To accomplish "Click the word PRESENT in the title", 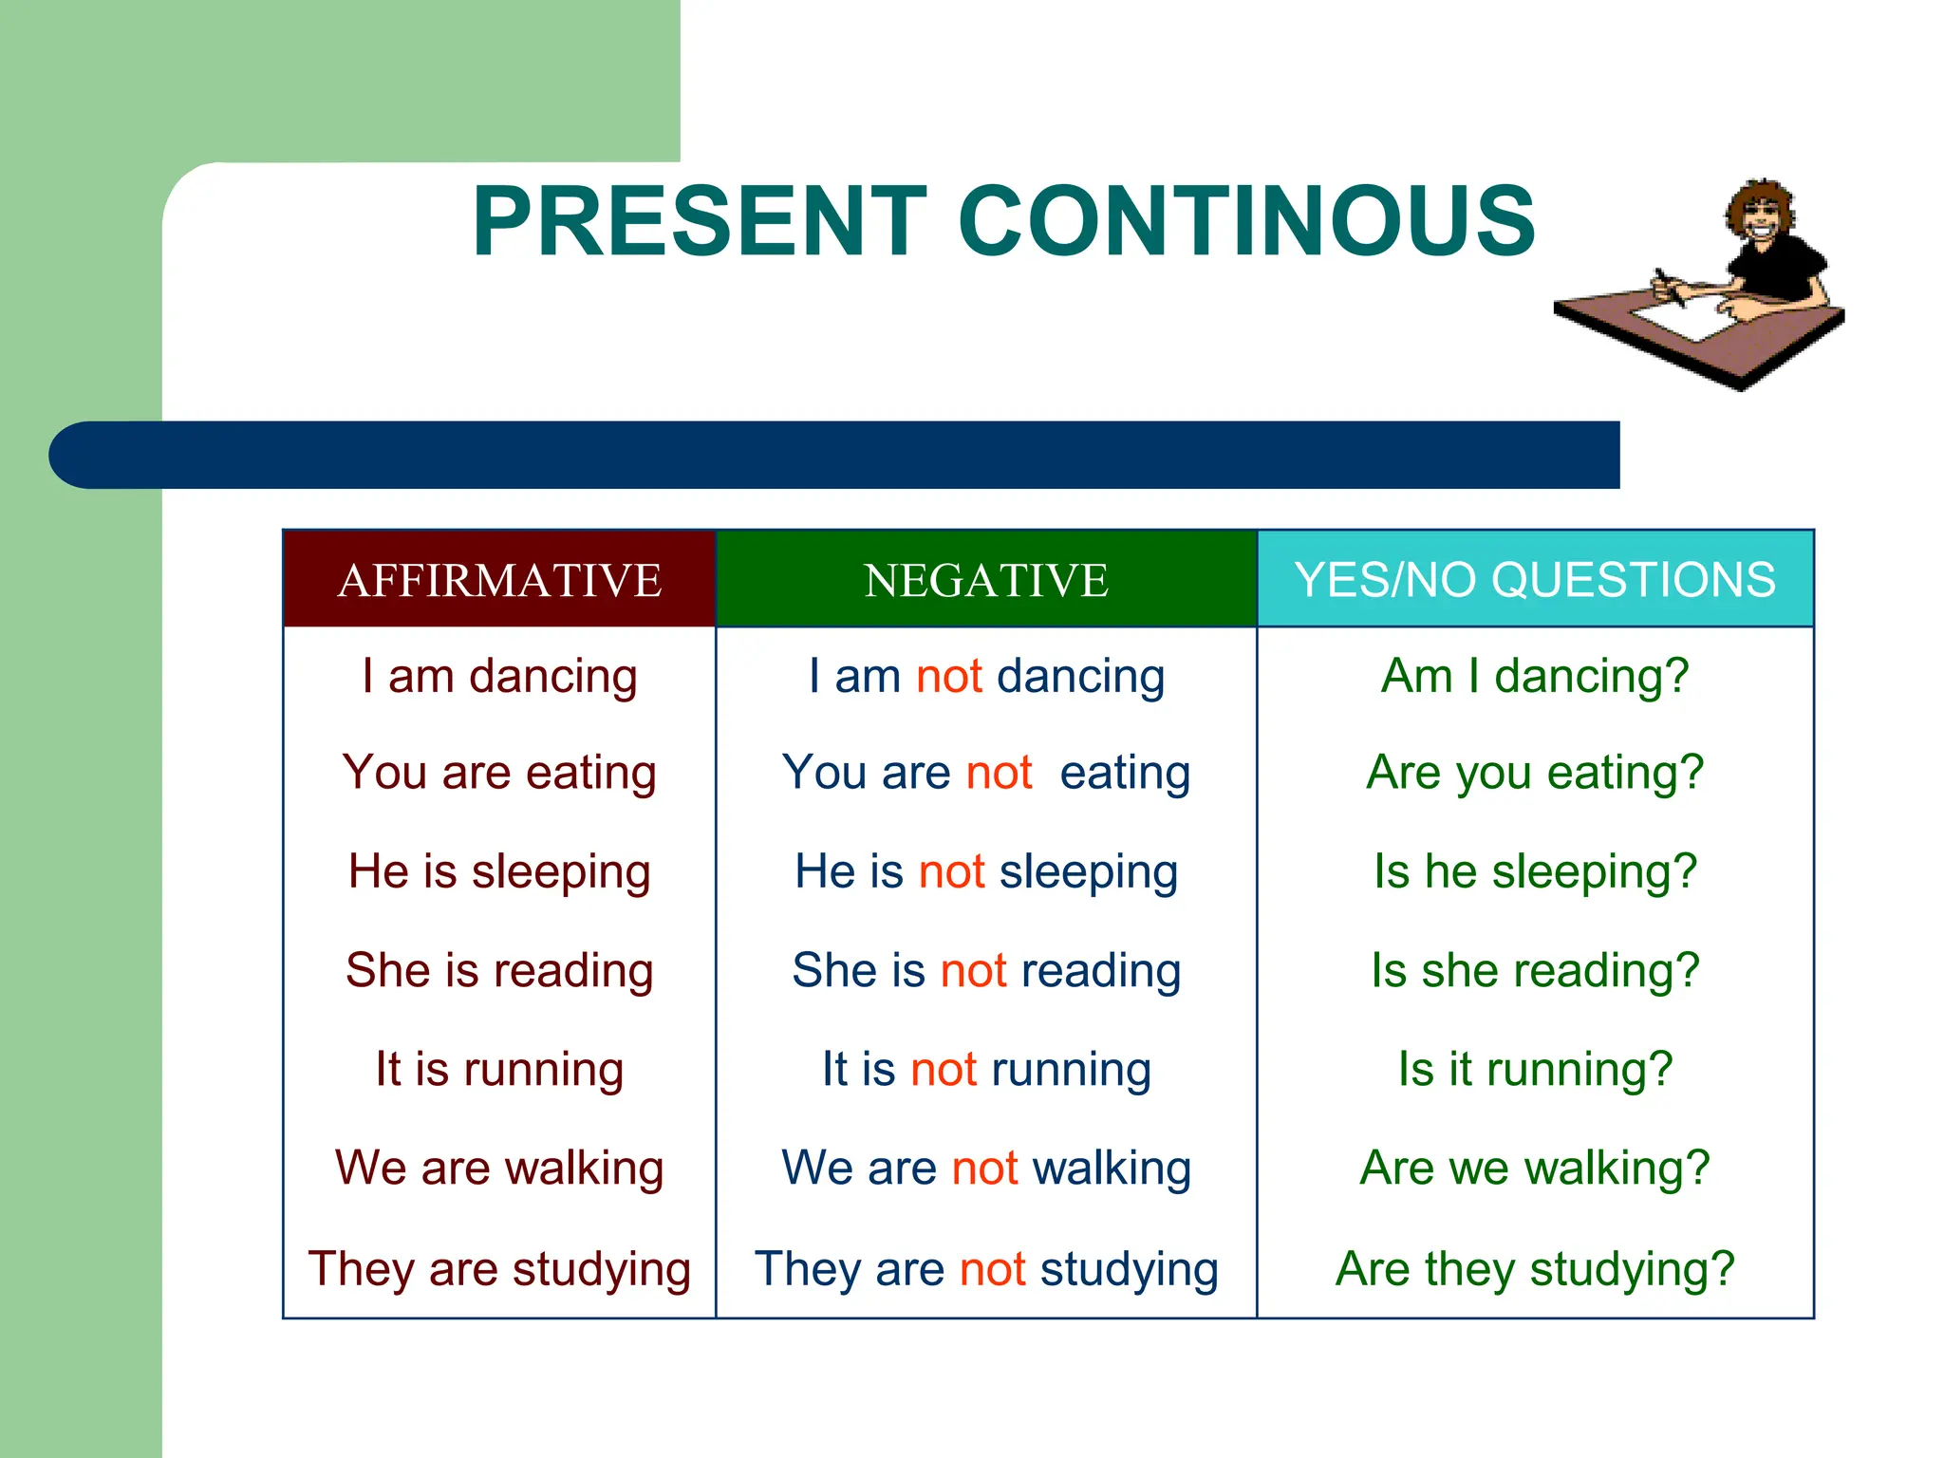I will [x=699, y=222].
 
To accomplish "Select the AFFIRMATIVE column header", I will [x=499, y=580].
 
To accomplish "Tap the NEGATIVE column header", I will [x=986, y=580].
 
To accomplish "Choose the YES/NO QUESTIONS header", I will [x=1535, y=580].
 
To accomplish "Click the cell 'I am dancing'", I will [x=499, y=677].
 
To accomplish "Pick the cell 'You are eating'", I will [x=499, y=773].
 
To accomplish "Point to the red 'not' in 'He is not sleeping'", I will [x=952, y=871].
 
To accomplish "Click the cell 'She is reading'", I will [x=499, y=970].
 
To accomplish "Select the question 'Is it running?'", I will [x=1535, y=1069].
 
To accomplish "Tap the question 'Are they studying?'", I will [x=1535, y=1269].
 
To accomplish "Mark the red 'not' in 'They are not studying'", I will [x=993, y=1269].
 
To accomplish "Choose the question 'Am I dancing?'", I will [x=1535, y=677].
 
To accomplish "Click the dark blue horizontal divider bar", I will [x=835, y=455].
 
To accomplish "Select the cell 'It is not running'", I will [x=986, y=1069].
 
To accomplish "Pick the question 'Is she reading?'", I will [x=1535, y=970].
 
